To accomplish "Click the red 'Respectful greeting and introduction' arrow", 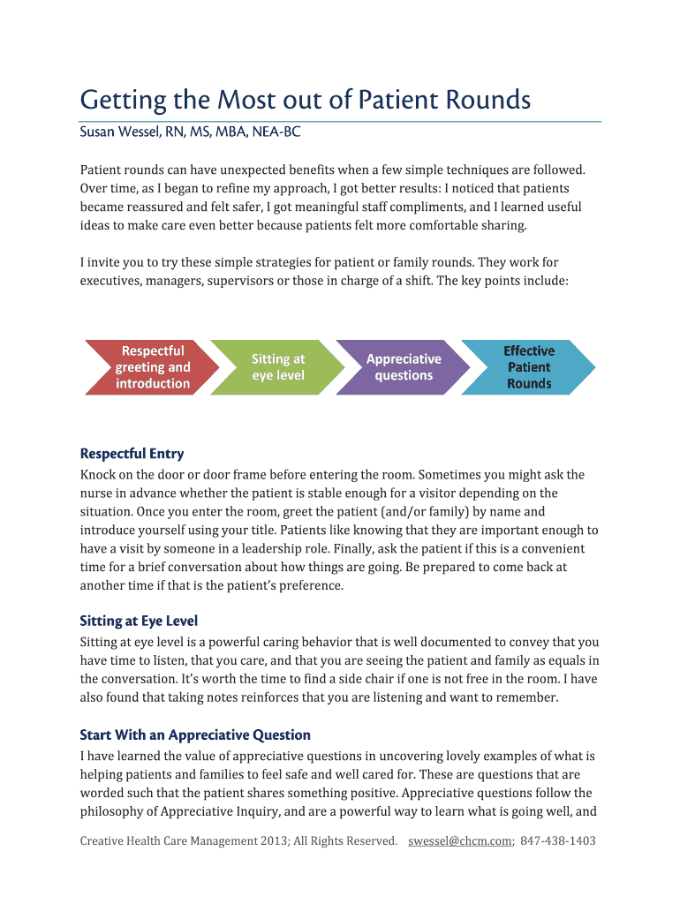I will coord(151,367).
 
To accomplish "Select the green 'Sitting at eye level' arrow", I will coord(277,367).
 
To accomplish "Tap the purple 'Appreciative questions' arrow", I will coord(404,367).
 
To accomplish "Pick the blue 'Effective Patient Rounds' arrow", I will coord(529,367).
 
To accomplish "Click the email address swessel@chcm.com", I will coord(459,841).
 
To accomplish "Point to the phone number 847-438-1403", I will coord(559,841).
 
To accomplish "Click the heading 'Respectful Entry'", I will coord(132,454).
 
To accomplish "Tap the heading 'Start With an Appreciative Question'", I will coord(195,735).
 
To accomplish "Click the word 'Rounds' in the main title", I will coord(488,101).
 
